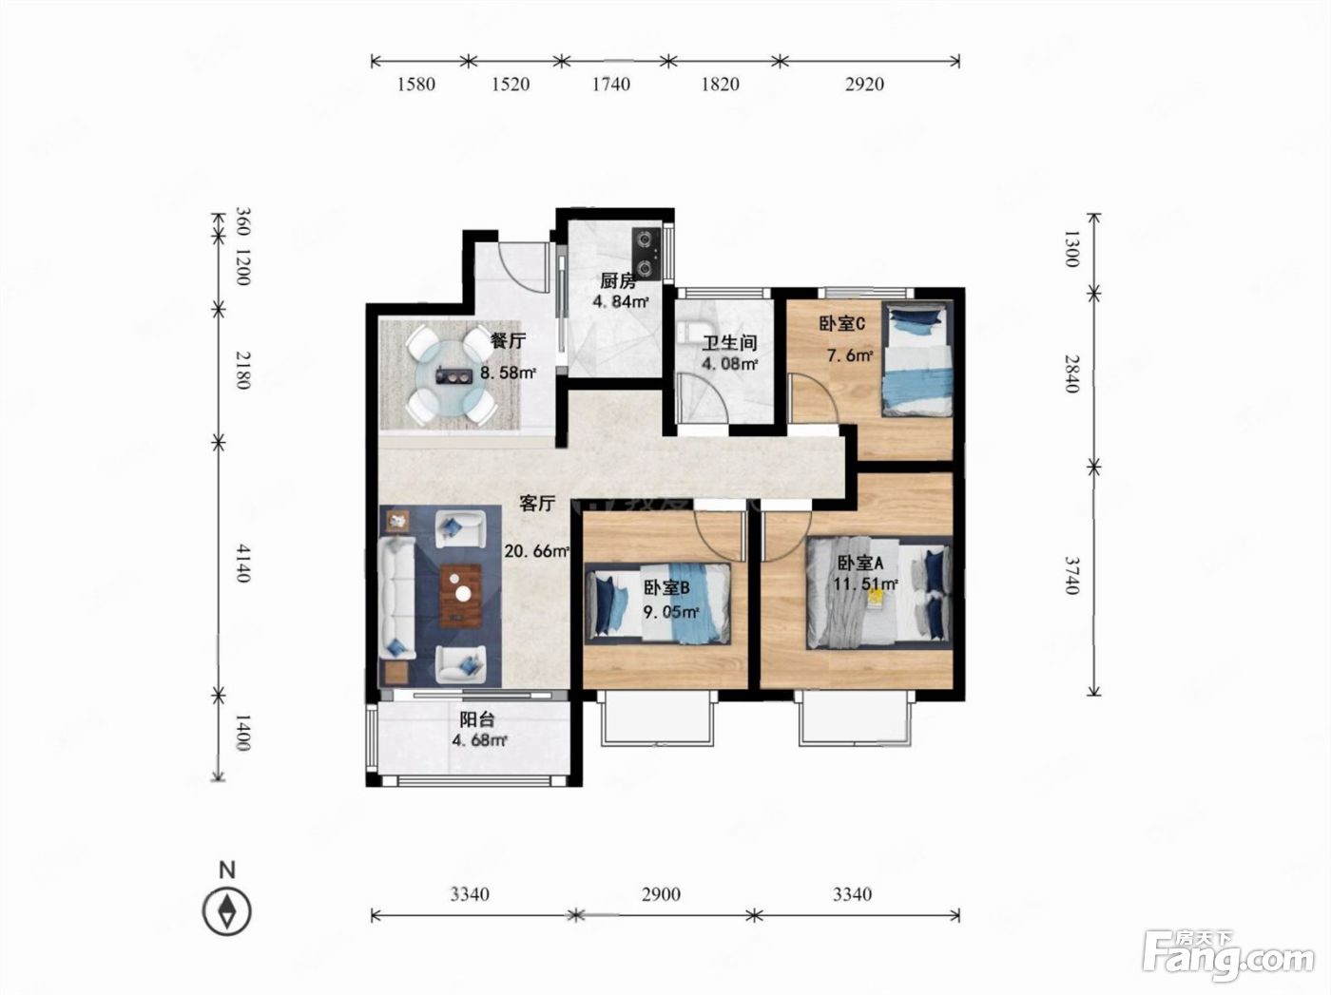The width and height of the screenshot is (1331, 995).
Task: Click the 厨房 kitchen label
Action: [619, 280]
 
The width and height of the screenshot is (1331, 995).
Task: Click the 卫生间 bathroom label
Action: [729, 343]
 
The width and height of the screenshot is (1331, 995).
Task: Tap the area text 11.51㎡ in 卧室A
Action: [865, 584]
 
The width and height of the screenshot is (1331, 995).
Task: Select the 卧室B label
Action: [666, 587]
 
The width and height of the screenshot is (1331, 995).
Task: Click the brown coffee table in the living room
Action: [461, 595]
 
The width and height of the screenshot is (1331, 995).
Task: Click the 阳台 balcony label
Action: [477, 719]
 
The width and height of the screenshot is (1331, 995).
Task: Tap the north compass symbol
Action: [227, 911]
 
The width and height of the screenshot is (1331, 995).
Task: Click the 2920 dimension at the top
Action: [865, 85]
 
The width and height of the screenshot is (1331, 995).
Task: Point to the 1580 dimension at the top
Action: [416, 85]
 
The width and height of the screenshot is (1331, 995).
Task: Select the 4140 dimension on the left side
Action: [242, 564]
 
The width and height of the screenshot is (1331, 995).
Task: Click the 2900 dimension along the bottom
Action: [661, 894]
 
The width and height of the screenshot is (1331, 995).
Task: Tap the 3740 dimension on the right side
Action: [1072, 576]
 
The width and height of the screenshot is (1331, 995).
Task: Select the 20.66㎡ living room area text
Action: [537, 551]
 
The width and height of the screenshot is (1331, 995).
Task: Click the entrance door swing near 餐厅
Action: [520, 267]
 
